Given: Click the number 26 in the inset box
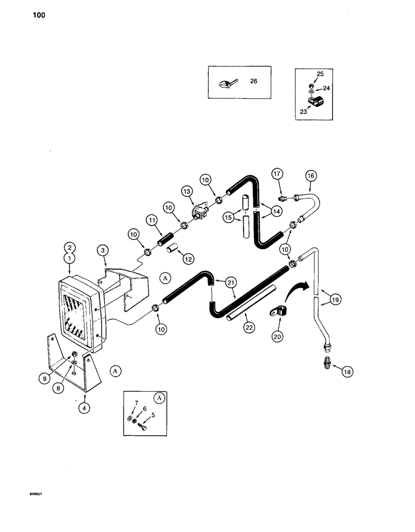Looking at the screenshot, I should click(253, 81).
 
